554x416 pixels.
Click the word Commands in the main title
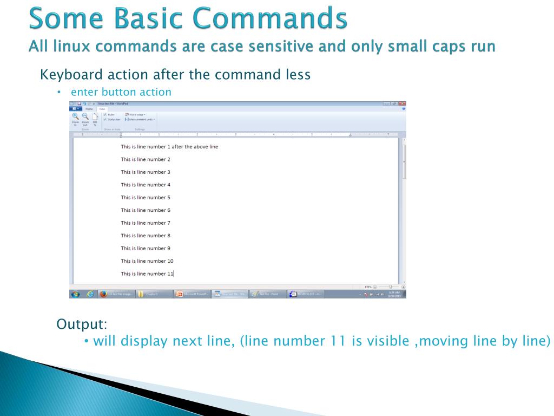point(270,18)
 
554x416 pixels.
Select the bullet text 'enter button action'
point(124,92)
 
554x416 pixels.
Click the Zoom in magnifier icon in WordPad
point(75,116)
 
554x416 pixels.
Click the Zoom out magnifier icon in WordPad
point(85,116)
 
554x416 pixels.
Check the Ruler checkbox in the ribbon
point(105,115)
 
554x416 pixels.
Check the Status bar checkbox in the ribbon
point(105,119)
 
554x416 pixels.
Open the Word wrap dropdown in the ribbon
point(135,115)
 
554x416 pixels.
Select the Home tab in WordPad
point(89,109)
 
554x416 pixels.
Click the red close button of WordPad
point(402,103)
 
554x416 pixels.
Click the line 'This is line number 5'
point(146,198)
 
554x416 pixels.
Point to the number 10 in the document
point(170,261)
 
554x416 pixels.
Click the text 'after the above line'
point(195,147)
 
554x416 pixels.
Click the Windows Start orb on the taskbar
point(75,294)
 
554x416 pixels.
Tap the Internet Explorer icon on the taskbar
point(89,294)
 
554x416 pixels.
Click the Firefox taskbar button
point(116,294)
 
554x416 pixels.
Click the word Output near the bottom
point(82,324)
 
